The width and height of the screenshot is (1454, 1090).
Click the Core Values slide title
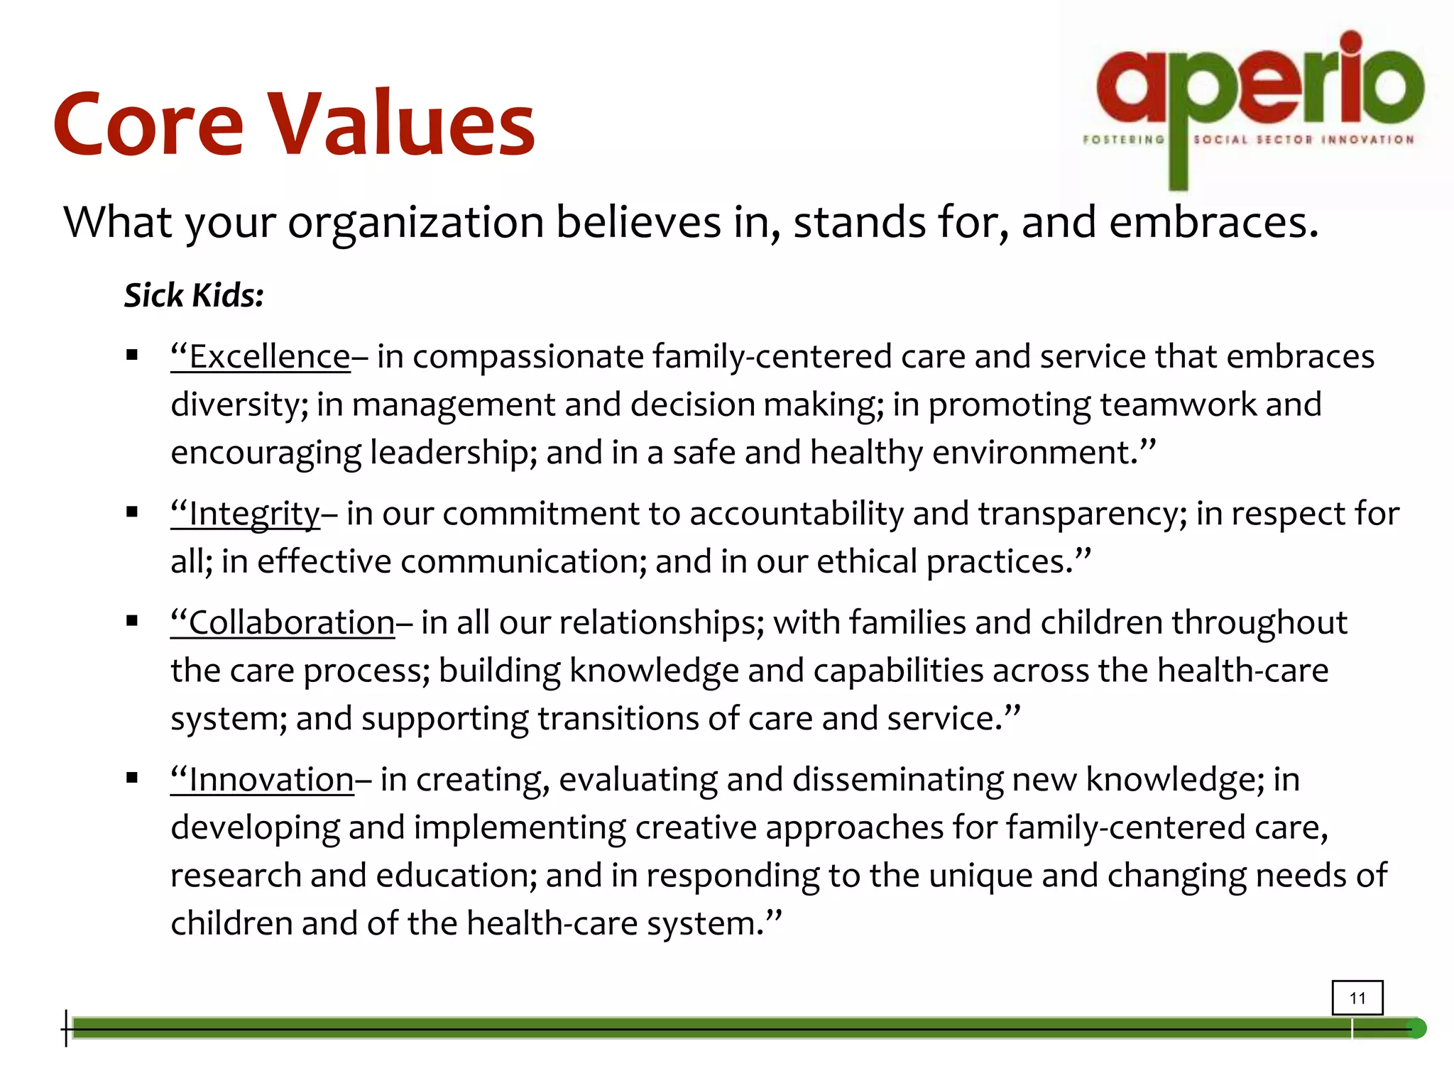tap(294, 125)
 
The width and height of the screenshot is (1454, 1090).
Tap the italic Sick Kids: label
tap(194, 295)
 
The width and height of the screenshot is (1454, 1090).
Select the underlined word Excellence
tap(269, 357)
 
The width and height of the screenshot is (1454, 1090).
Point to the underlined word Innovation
tap(270, 780)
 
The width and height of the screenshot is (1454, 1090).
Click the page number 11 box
tap(1357, 998)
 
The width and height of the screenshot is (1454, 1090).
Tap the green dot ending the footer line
tap(1416, 1028)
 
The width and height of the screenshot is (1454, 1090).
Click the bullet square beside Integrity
tap(132, 512)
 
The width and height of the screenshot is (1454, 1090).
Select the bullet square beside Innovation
tap(132, 778)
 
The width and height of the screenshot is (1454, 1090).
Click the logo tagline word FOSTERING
tap(1123, 140)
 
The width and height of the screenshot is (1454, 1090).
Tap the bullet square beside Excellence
tap(132, 356)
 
